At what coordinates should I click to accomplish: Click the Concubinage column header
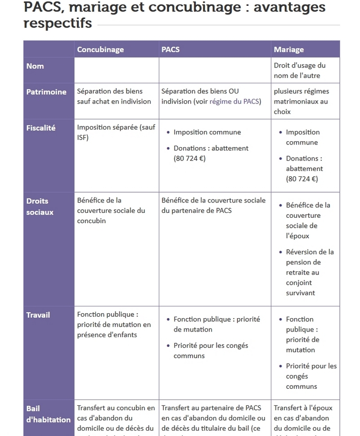tap(100, 49)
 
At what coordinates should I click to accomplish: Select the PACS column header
tap(171, 49)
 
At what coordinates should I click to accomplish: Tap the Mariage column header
tap(289, 49)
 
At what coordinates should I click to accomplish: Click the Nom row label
tap(35, 66)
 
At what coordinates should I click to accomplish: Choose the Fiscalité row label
tap(41, 128)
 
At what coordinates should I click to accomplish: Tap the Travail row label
tap(38, 315)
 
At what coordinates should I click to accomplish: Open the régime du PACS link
tap(234, 101)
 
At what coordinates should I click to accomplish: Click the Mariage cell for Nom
tap(300, 71)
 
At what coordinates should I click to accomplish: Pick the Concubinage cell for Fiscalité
tap(116, 132)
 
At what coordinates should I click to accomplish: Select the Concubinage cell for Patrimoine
tap(114, 96)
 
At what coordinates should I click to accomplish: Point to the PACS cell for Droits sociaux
tap(214, 205)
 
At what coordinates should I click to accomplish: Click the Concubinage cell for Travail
tap(114, 324)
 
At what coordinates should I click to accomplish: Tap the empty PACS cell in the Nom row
tap(215, 70)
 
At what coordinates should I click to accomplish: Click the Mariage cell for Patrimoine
tap(301, 101)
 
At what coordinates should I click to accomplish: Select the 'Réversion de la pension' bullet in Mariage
tap(310, 272)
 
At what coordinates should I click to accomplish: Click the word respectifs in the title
tap(58, 23)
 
